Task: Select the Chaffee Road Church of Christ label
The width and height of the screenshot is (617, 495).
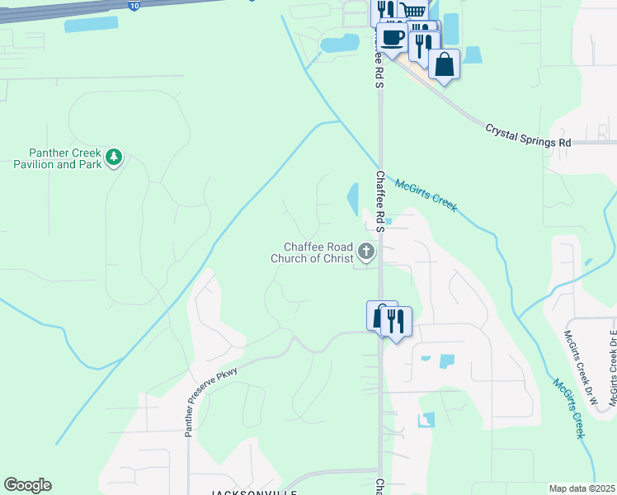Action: click(311, 252)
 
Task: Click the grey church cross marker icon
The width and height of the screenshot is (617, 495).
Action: click(365, 251)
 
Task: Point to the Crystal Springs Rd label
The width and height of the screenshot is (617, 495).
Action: click(528, 136)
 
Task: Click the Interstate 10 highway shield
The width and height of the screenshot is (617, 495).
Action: click(134, 5)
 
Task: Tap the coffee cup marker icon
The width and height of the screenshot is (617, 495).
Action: click(392, 38)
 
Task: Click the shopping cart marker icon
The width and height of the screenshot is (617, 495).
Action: click(413, 12)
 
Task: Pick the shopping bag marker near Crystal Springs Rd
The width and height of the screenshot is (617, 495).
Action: click(444, 64)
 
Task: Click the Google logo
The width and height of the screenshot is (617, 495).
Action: click(27, 485)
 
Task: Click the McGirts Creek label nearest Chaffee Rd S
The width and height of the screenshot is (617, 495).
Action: click(426, 196)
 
